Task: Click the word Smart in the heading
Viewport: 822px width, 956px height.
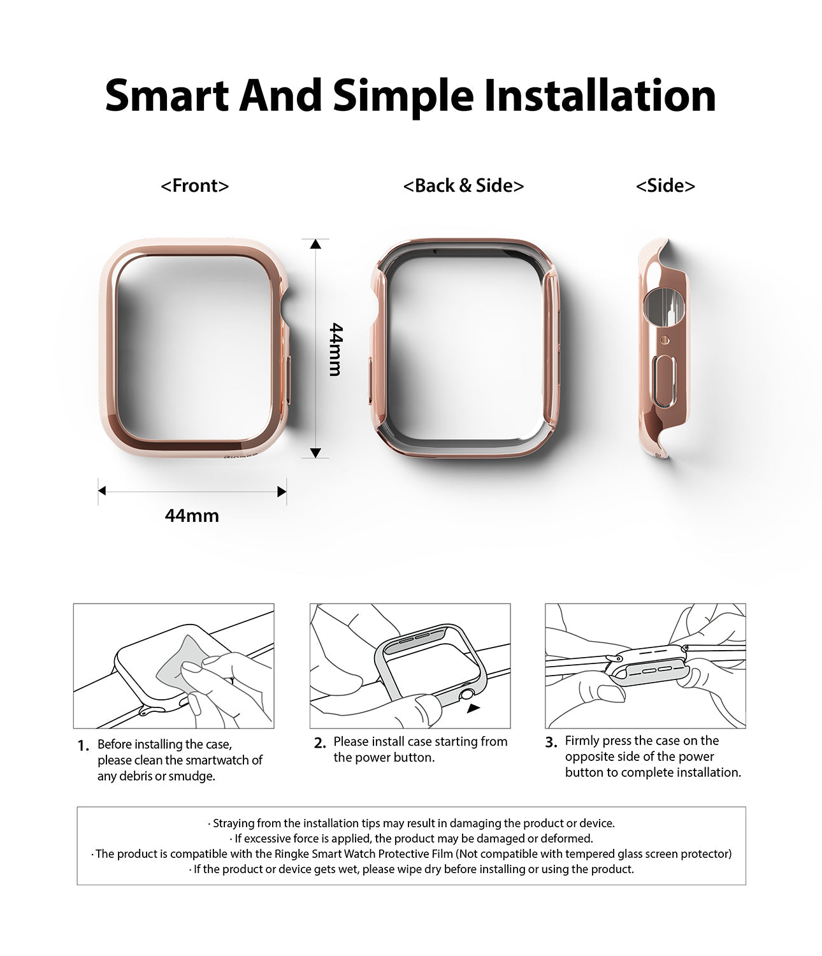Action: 167,96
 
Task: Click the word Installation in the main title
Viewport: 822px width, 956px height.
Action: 600,96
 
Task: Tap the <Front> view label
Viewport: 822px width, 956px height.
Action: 194,185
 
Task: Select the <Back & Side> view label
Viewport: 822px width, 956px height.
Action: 463,185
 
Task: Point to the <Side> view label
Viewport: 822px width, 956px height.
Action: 665,185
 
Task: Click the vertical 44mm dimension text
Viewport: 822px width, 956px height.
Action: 336,349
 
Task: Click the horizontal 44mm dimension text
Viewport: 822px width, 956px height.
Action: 192,516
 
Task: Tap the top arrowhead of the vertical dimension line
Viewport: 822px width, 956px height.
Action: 316,243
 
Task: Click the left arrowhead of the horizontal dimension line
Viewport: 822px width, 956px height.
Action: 102,491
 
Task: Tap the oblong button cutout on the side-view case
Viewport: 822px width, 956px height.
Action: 665,382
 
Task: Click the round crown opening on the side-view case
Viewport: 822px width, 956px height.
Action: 663,305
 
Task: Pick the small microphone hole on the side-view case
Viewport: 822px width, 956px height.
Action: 665,340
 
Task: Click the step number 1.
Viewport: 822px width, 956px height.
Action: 83,746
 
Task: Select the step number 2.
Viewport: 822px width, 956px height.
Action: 320,743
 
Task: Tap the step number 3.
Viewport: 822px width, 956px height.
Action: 551,742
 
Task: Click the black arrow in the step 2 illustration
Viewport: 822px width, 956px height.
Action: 473,707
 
